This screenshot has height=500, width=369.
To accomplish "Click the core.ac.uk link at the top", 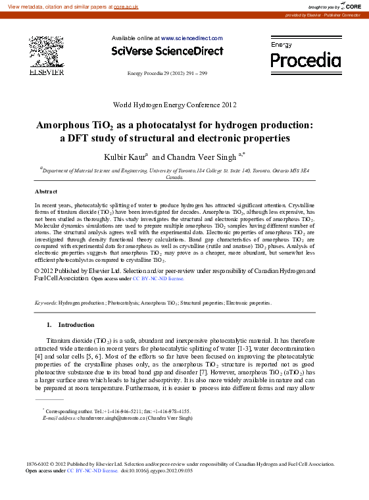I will pos(126,6).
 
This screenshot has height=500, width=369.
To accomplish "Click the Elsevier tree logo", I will pos(46,52).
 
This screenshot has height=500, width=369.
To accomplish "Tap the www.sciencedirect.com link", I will pos(191,38).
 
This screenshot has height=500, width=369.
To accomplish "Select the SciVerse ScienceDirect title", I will pos(167,51).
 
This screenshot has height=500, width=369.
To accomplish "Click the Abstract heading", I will pos(46,191).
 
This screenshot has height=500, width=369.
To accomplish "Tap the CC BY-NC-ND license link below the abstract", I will pos(159,279).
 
